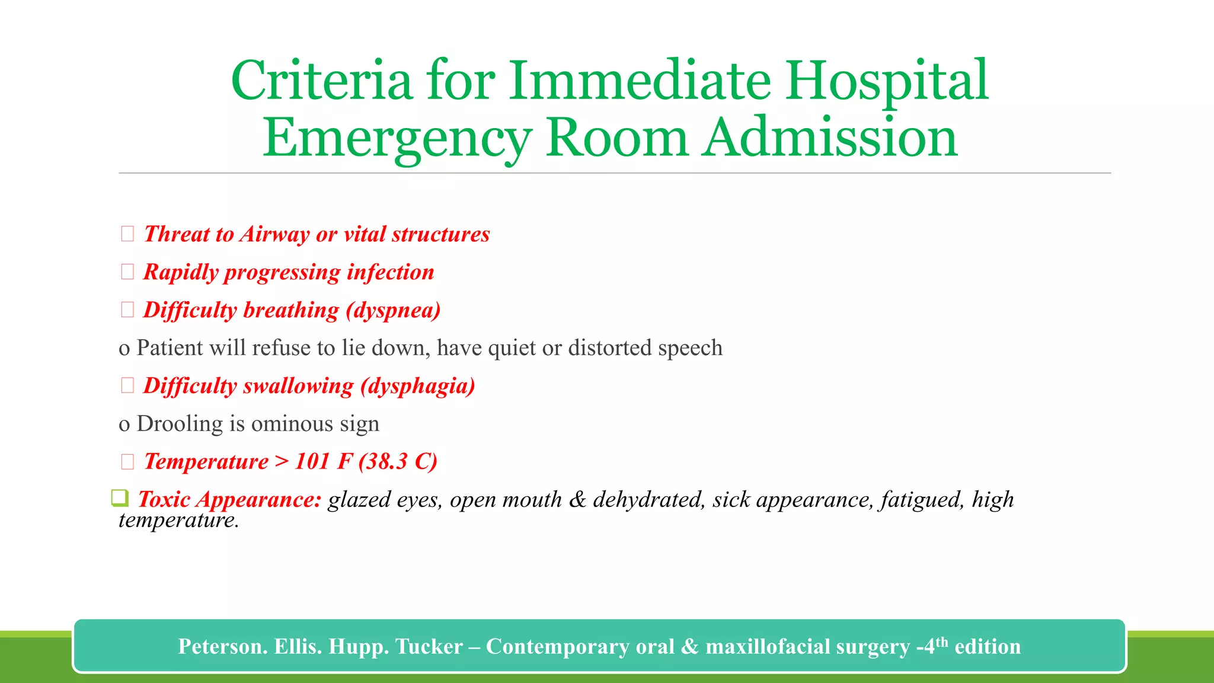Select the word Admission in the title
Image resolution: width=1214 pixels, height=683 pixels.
(829, 138)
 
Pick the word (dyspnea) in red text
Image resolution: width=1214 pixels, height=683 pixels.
(394, 310)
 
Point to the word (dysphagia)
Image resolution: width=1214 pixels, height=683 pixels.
(418, 386)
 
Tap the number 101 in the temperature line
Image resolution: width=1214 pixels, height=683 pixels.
(312, 461)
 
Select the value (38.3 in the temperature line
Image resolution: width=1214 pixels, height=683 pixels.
(384, 461)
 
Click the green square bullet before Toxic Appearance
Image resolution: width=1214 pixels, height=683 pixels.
(120, 498)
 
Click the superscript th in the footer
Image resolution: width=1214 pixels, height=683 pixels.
(941, 641)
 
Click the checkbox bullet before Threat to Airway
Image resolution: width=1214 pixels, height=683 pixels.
(127, 234)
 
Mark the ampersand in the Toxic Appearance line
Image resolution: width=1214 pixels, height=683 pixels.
(577, 499)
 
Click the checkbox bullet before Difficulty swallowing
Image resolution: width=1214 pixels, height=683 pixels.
(127, 385)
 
